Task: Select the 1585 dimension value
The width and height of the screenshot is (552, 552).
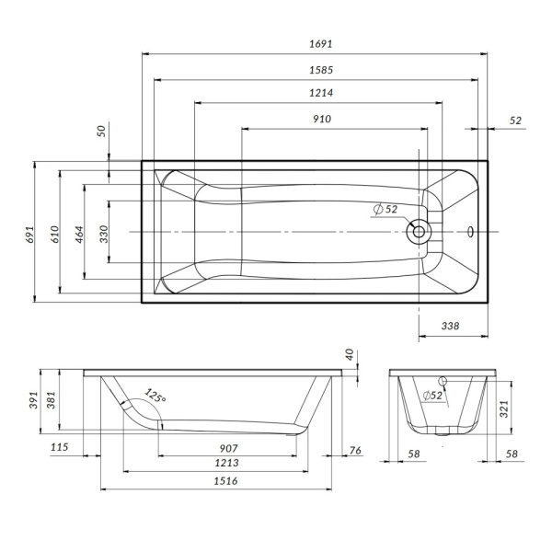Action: pos(321,68)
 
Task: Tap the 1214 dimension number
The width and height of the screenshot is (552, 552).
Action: pos(321,93)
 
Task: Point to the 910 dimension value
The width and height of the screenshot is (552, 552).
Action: pos(321,119)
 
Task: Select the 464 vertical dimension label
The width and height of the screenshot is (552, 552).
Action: pos(79,234)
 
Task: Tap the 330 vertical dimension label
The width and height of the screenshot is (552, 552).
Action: pos(104,234)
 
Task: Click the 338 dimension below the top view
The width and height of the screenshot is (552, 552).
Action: pos(451,326)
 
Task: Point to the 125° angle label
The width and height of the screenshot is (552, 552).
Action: pos(155,398)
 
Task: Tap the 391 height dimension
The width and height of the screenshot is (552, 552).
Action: pos(32,401)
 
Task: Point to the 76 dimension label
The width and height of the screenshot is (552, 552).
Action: pos(355,449)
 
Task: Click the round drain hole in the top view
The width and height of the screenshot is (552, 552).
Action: pos(419,231)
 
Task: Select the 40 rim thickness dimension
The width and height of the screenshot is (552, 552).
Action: pos(349,354)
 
